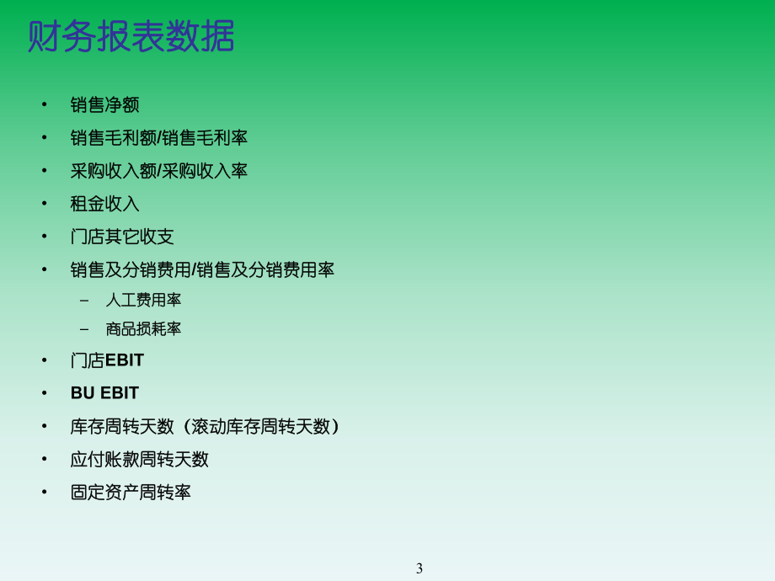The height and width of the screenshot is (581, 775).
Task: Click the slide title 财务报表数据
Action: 131,37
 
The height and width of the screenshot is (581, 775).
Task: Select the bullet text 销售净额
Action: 104,105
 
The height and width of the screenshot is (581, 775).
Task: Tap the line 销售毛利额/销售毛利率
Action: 159,138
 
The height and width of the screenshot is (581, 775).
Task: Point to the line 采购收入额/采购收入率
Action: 159,171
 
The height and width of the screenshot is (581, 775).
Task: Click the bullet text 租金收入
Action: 104,204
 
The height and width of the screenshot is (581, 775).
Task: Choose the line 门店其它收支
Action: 122,237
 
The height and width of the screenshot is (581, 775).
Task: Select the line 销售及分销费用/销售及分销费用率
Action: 202,270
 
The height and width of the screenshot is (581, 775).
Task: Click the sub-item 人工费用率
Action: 143,301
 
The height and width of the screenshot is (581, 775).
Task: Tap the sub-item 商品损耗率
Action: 143,329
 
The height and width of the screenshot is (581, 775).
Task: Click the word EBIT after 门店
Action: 125,360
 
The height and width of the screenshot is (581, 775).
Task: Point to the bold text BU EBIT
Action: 104,393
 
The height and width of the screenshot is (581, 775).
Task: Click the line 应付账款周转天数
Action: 140,460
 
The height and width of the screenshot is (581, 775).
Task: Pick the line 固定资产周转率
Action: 131,493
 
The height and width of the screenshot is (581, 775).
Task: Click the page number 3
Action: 420,568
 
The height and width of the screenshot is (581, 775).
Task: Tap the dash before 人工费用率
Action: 83,301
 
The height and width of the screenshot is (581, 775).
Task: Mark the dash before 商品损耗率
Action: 83,329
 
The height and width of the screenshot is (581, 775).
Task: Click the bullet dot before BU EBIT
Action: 45,393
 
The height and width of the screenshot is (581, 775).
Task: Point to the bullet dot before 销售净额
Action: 45,105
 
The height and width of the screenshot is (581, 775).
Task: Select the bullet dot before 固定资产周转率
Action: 45,493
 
